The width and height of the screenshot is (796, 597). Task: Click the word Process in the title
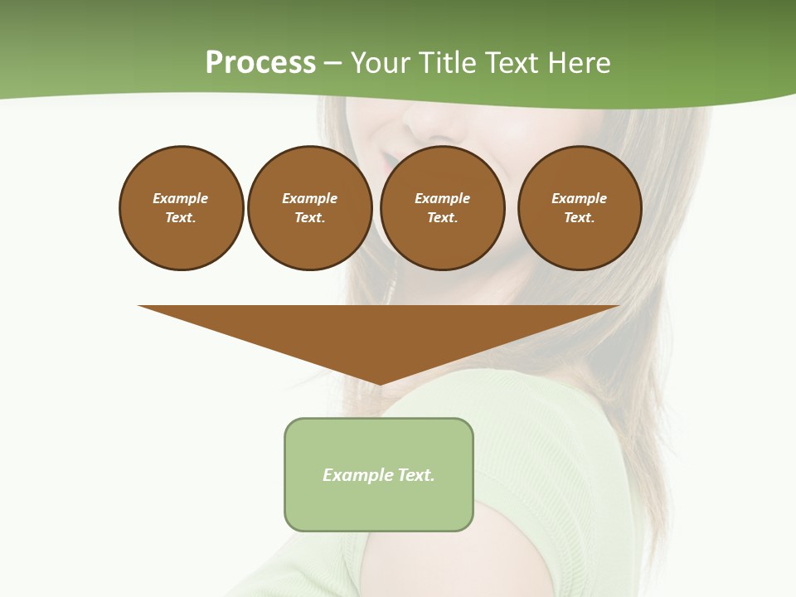click(x=260, y=63)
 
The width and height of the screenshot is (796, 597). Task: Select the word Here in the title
click(x=578, y=63)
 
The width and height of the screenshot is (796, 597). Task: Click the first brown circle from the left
click(x=181, y=207)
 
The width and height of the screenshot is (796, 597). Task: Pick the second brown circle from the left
click(x=309, y=207)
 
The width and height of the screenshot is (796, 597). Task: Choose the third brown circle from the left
click(x=442, y=207)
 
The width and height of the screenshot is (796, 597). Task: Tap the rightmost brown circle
click(x=579, y=207)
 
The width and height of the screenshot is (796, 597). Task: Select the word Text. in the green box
click(x=416, y=475)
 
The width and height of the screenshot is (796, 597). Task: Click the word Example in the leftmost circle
click(x=181, y=198)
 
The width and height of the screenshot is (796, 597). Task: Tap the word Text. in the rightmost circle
click(x=579, y=217)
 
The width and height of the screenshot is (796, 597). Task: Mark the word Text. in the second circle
click(x=309, y=217)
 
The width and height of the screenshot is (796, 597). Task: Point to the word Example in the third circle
click(x=442, y=198)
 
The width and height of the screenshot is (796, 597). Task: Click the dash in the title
click(x=332, y=64)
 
